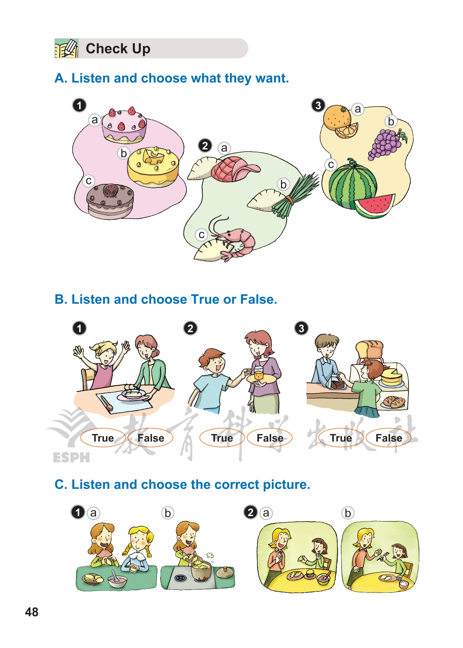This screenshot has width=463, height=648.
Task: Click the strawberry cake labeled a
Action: [124, 125]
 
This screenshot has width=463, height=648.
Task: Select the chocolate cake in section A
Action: [110, 201]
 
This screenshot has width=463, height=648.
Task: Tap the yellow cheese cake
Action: [153, 167]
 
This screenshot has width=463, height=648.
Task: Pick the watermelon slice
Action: [374, 206]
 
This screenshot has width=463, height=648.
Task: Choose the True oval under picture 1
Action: [103, 438]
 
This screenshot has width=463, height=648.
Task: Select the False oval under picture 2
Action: [270, 438]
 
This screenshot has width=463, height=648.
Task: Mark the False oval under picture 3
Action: [389, 438]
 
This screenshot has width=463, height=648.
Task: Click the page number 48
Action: [32, 612]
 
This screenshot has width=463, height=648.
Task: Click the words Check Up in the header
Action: [118, 49]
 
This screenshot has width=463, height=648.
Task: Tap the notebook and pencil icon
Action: [67, 48]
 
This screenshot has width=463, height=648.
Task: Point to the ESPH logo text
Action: [71, 457]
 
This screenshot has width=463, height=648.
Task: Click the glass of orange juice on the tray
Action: [259, 373]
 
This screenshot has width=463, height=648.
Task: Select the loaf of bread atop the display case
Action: [369, 350]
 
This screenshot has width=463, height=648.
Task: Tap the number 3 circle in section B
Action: [301, 328]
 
